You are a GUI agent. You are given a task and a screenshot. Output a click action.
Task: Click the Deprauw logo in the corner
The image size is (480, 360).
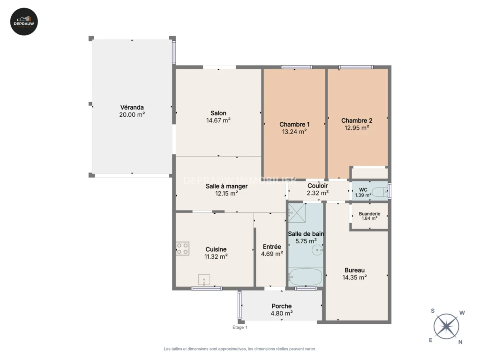[x=24, y=22]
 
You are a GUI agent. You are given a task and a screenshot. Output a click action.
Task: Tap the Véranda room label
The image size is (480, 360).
[x=132, y=107]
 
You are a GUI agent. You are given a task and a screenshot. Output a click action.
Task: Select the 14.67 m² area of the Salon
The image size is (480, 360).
[x=218, y=120]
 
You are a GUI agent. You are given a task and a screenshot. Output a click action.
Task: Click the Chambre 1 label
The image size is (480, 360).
[x=294, y=124]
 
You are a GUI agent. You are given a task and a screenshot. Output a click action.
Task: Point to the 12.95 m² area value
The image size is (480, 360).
[x=357, y=127]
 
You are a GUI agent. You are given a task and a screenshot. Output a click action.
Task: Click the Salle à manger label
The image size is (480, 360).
[x=226, y=186]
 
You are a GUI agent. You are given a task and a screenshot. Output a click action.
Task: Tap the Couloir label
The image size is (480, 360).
[x=318, y=186]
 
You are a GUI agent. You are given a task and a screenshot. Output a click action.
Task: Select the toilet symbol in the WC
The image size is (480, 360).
[x=380, y=192]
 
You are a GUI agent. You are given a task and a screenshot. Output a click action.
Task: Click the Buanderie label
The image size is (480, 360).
[x=369, y=214]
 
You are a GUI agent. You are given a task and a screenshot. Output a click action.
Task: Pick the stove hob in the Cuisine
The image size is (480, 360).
[x=182, y=248]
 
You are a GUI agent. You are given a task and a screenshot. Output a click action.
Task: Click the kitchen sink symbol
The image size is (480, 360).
[x=204, y=280]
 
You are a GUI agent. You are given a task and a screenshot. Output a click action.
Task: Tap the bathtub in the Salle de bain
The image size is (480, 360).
[x=306, y=277]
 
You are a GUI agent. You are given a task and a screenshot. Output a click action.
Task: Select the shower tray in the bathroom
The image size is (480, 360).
[x=297, y=212]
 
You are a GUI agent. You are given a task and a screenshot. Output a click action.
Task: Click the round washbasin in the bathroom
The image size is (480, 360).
[x=317, y=250]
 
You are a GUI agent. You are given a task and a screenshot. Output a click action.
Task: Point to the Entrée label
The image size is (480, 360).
[x=272, y=247]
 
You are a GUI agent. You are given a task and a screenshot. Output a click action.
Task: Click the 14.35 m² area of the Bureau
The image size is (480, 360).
[x=354, y=277]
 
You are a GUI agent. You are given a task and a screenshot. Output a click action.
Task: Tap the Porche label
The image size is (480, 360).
[x=282, y=306]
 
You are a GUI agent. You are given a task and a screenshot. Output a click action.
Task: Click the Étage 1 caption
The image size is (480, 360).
[x=240, y=327]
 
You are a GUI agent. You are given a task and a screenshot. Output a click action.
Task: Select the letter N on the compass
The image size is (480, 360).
[x=460, y=342]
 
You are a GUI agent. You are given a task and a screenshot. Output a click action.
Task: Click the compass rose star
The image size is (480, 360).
[x=446, y=326]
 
